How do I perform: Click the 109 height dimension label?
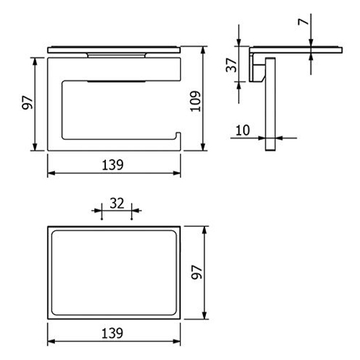(196, 101)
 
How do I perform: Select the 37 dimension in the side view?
(231, 65)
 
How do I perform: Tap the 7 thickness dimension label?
(303, 22)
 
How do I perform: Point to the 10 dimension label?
(242, 130)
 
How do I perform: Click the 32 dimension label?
(117, 203)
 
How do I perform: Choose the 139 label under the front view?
(113, 164)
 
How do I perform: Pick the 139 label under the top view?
(113, 333)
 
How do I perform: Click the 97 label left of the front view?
(27, 103)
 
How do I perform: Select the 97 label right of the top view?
(197, 272)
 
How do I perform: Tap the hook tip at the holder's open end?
(178, 133)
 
